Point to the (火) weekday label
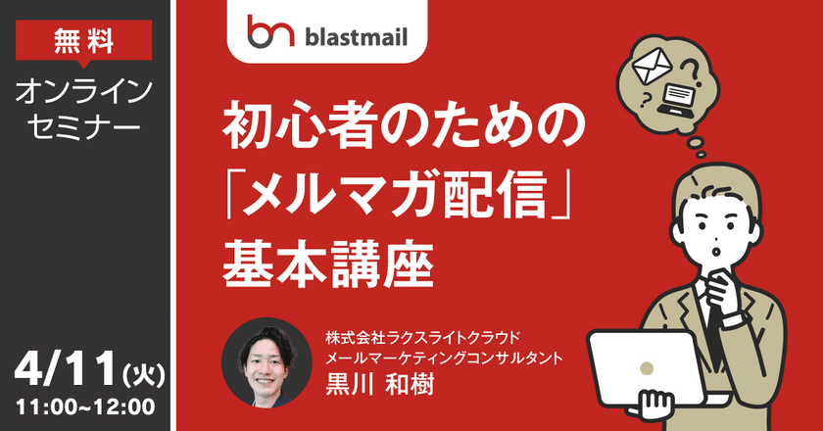click(141, 374)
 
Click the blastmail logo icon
click(267, 30)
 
